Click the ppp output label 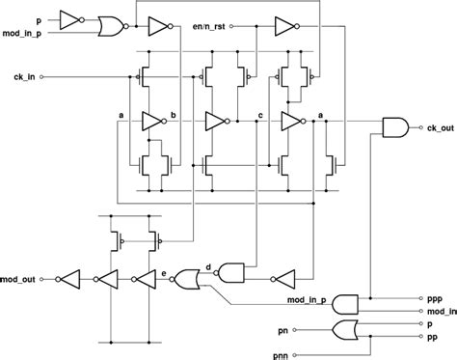(434, 300)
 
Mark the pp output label (434, 339)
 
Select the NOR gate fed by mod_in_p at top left (109, 25)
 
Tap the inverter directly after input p (71, 18)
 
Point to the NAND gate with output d (232, 272)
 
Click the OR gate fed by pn (343, 331)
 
